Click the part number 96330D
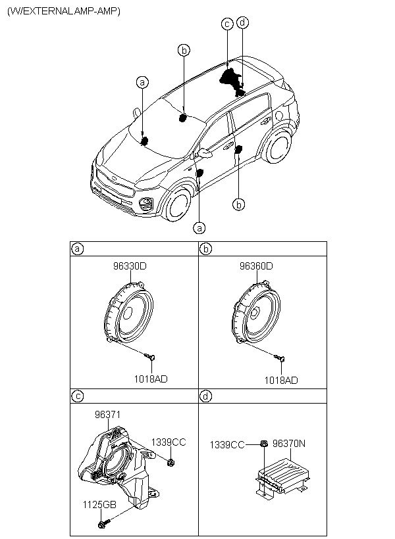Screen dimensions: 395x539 130,266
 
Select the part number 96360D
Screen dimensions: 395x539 256,266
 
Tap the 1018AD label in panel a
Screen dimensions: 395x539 151,379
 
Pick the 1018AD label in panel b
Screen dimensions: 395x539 281,380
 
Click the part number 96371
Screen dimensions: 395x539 108,415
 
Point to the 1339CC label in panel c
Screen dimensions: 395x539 169,442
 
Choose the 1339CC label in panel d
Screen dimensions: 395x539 227,445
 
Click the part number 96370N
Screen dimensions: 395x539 289,444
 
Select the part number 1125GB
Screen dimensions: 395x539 99,505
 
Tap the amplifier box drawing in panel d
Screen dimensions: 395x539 282,476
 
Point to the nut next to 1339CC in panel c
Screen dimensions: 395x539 170,463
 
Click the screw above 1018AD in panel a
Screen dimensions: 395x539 151,357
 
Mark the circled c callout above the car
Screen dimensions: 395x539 227,24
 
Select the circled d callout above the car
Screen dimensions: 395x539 243,22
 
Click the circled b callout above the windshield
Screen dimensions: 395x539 184,51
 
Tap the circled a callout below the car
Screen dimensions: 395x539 199,227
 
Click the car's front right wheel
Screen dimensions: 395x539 178,205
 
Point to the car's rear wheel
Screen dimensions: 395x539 277,145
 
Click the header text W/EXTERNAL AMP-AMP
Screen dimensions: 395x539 64,11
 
